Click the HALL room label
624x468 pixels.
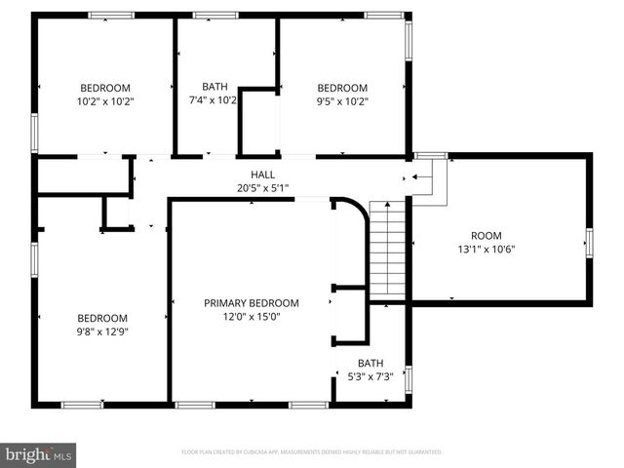point(262,175)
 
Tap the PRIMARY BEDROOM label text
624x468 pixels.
point(252,303)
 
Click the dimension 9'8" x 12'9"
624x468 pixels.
point(102,331)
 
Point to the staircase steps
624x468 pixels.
point(387,248)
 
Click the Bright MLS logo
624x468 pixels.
point(38,454)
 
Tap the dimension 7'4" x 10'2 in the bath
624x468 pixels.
point(214,100)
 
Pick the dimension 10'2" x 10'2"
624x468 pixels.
point(104,100)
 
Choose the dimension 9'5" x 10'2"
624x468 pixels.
point(342,100)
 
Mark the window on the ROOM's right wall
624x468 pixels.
point(589,242)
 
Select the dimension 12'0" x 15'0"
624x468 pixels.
point(252,317)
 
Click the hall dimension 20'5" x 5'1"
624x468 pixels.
point(262,188)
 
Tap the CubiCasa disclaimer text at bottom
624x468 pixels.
point(311,452)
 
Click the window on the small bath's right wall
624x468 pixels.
point(408,378)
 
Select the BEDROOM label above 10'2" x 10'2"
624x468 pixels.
point(104,87)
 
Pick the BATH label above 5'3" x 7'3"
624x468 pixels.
point(370,363)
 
